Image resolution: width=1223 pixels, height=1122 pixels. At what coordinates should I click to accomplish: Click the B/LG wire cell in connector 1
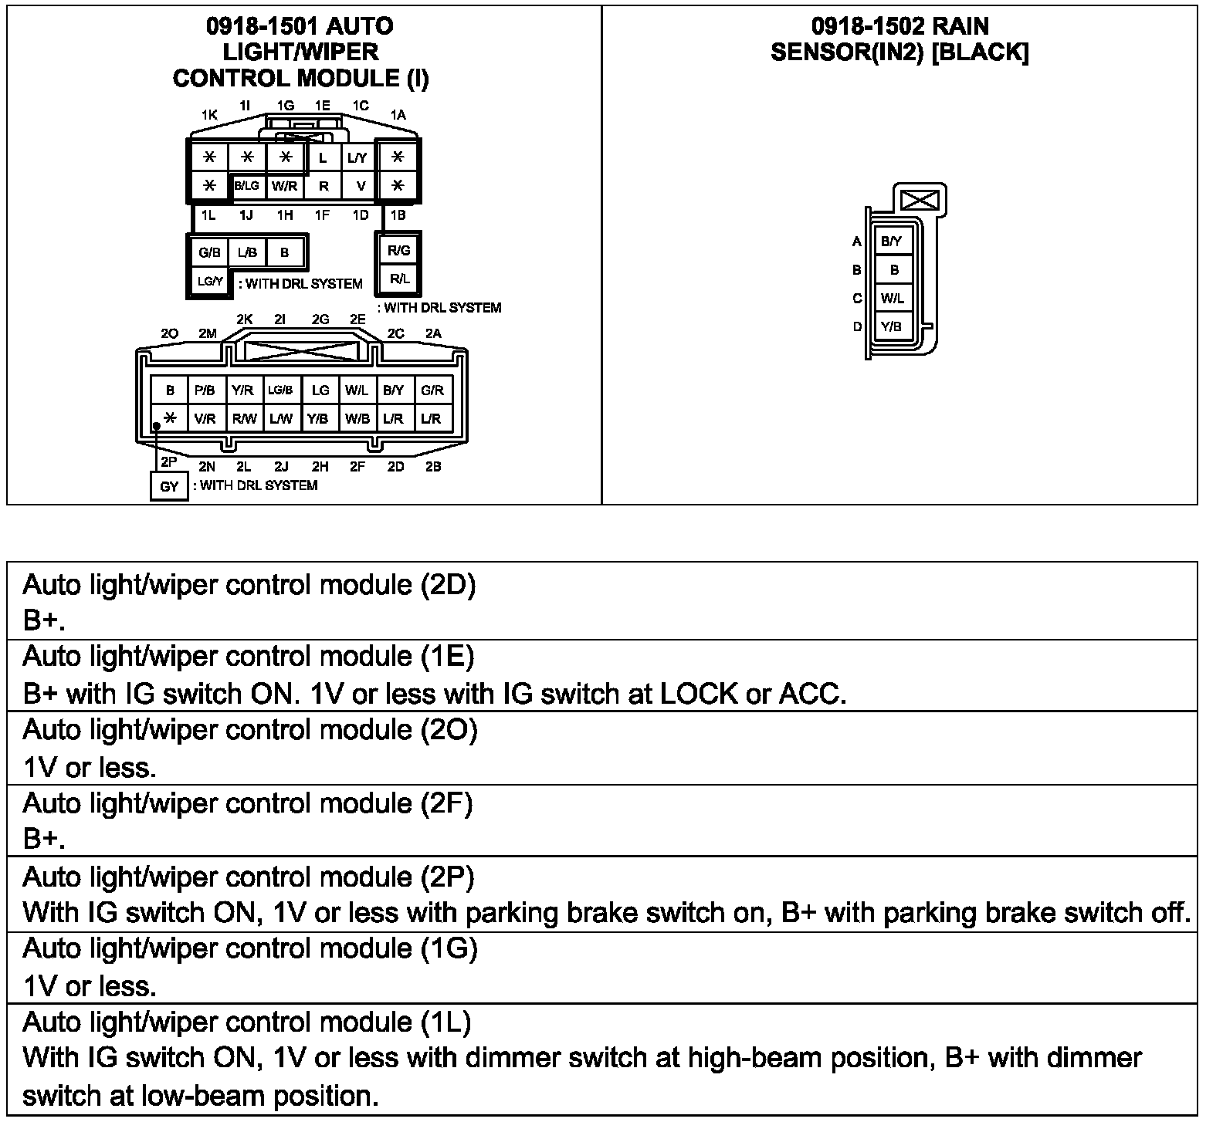247,186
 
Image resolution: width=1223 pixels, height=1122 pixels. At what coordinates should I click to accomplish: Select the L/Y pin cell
357,158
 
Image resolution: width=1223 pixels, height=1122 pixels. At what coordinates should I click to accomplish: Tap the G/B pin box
209,252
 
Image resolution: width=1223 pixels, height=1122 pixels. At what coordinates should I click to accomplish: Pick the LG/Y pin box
209,282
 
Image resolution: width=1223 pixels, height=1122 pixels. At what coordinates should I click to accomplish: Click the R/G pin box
398,251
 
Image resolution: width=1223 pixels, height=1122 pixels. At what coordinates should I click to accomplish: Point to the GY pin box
169,487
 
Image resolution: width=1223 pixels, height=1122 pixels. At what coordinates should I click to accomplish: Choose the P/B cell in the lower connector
205,390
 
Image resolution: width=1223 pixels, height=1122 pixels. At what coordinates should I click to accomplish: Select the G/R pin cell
432,390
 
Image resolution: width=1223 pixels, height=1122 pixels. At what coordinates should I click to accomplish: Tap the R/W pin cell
244,419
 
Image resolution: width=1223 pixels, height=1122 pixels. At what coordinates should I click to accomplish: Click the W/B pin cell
357,419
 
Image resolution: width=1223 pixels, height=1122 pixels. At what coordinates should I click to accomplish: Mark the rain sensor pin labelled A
856,242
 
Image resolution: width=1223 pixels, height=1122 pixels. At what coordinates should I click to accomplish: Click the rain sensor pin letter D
856,326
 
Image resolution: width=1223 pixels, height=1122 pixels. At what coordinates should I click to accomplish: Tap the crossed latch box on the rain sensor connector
920,201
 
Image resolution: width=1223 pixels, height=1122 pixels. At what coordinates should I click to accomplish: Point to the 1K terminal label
209,115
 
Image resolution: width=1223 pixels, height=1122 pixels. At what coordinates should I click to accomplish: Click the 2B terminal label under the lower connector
433,467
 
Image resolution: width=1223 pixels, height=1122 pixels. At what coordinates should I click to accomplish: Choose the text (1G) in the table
449,948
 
